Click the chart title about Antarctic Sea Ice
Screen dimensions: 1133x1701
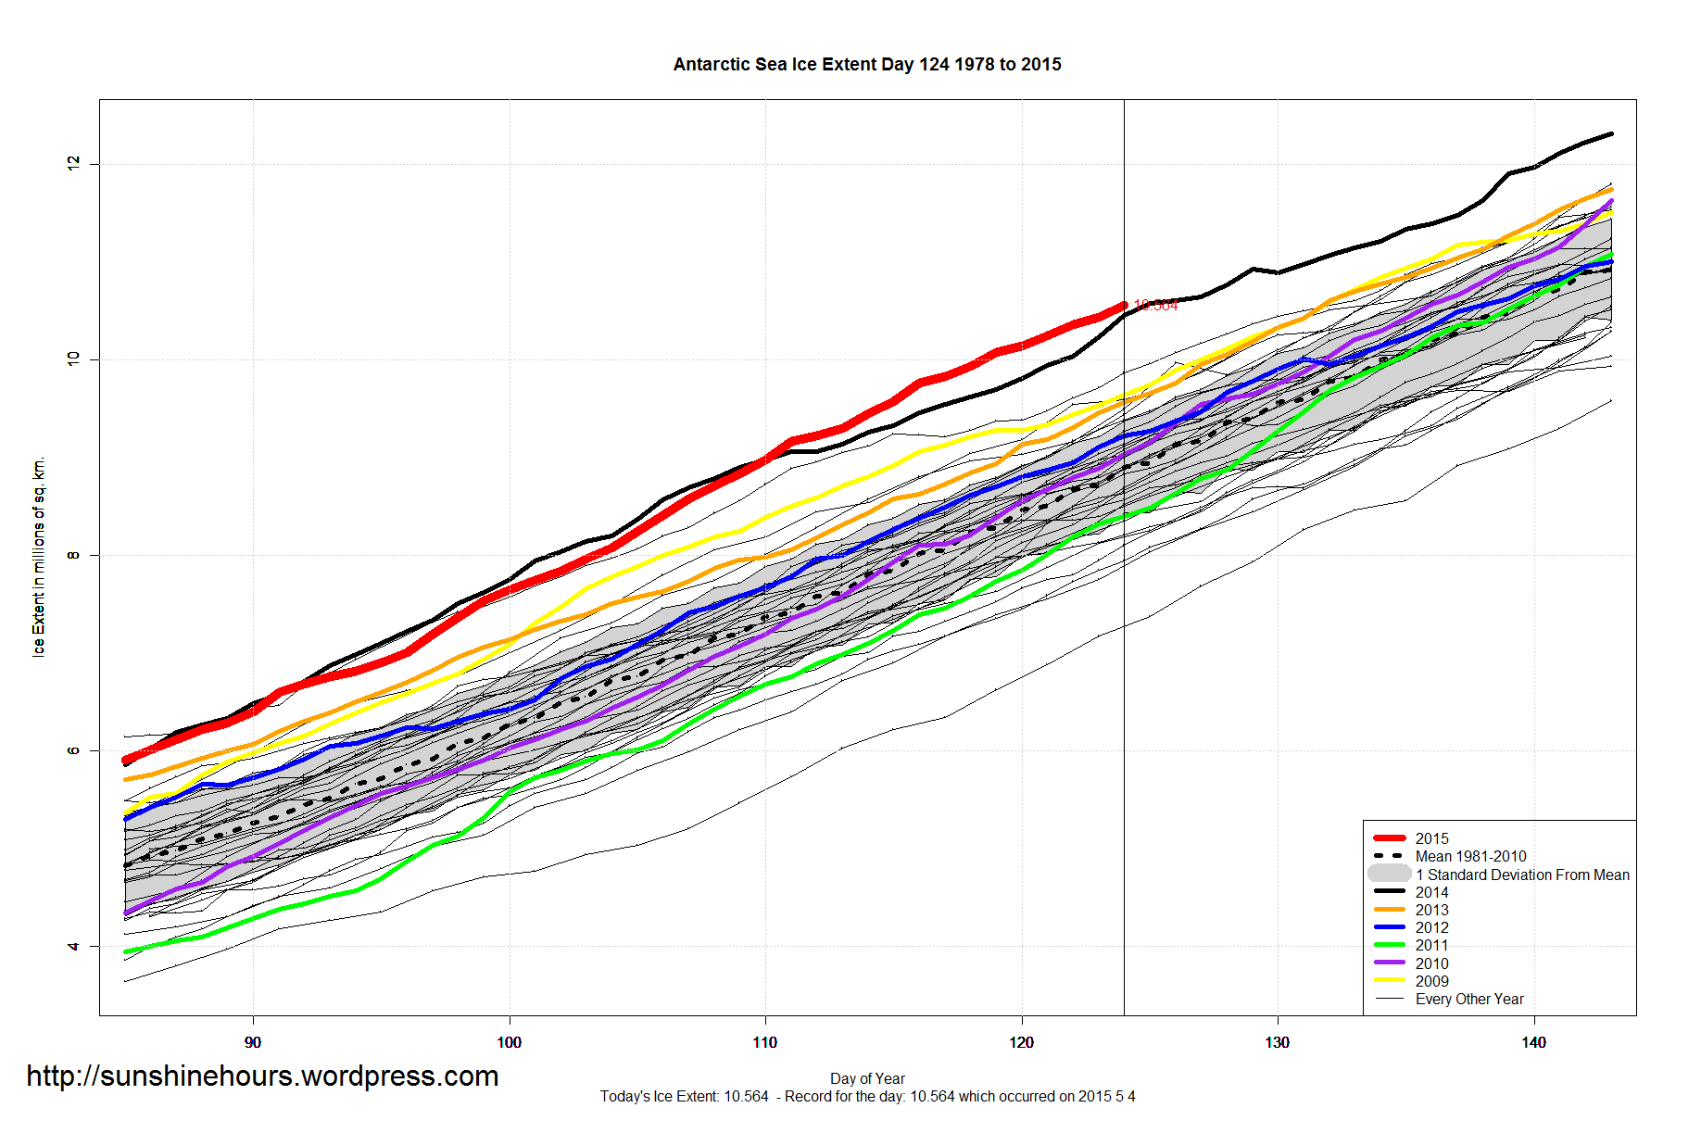pos(866,65)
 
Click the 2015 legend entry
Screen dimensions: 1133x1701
pos(1430,838)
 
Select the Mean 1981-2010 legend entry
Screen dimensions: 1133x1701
pos(1469,856)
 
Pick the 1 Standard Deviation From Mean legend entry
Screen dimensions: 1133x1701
pos(1521,875)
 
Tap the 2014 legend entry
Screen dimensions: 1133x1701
pos(1430,892)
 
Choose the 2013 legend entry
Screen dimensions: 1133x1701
pos(1430,910)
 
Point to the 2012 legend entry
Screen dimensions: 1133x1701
pos(1430,927)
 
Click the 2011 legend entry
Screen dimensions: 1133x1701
pos(1430,945)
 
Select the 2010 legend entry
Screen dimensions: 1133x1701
pos(1430,963)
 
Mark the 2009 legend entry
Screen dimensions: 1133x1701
pos(1430,981)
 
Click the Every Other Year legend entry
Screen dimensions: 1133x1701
pos(1468,999)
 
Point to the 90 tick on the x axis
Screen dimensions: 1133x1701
pos(253,1042)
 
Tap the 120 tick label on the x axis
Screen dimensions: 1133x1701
pos(1021,1042)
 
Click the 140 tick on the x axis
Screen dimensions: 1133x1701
pos(1533,1042)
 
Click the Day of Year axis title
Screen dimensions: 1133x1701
pos(867,1078)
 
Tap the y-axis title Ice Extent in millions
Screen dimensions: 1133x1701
pos(39,557)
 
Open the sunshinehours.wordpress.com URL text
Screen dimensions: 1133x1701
pos(262,1076)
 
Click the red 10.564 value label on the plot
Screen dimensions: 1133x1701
pos(1155,306)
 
